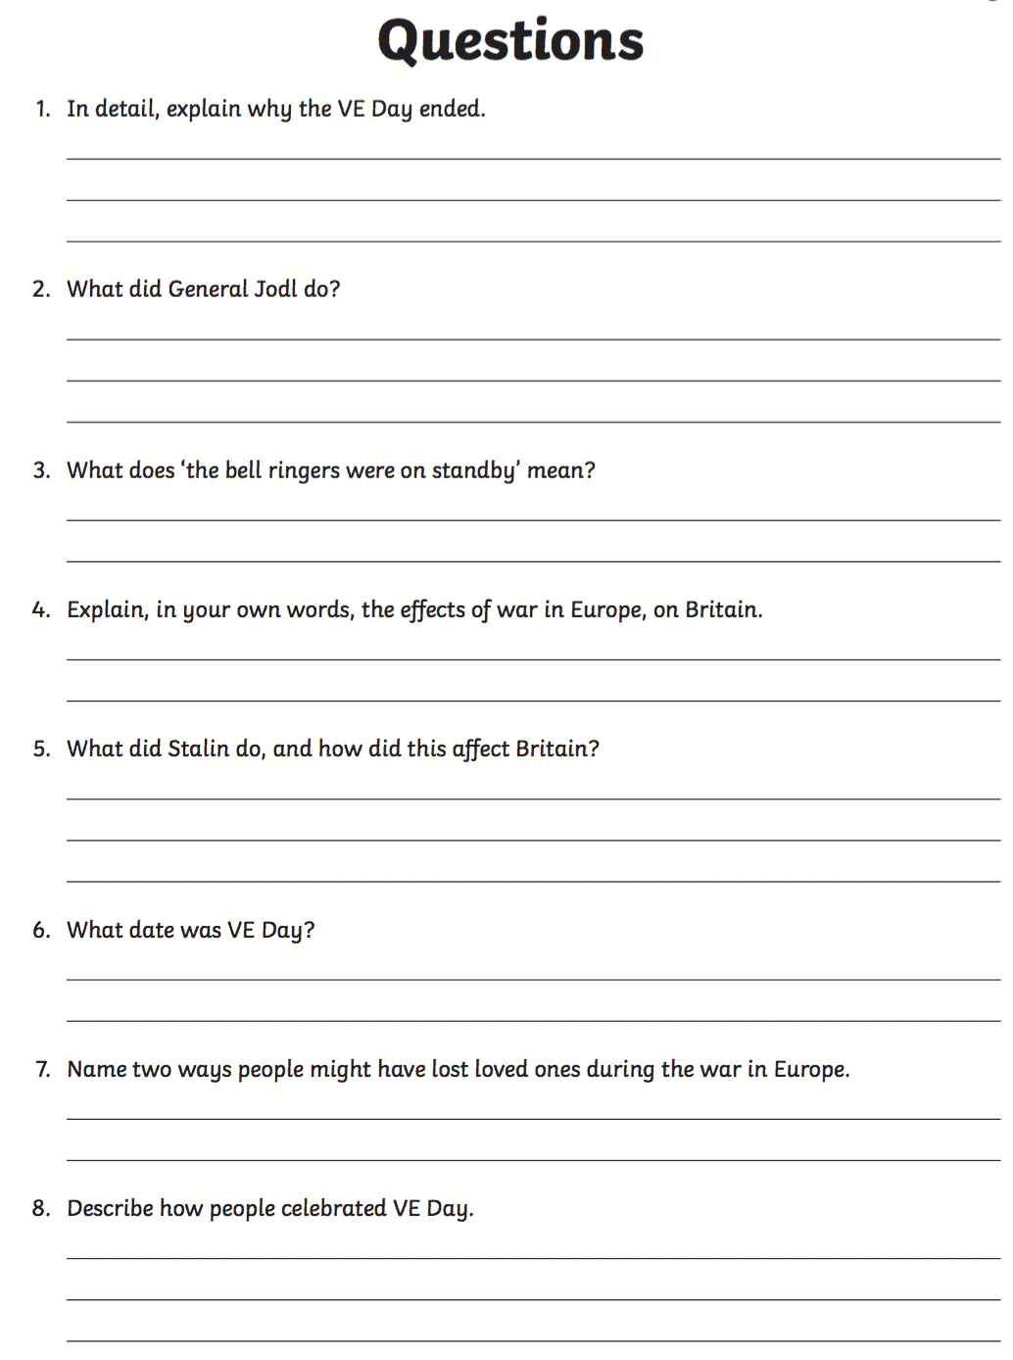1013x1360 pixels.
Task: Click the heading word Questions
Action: [x=510, y=42]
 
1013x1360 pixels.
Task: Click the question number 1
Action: [x=42, y=109]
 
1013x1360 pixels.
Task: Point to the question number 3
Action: [x=41, y=470]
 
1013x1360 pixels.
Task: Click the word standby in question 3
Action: [x=474, y=471]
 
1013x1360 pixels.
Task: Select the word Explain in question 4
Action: [x=107, y=610]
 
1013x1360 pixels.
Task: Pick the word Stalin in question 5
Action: [x=199, y=749]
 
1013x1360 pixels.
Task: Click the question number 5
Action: [x=41, y=750]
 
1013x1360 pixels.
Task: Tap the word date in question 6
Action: [x=154, y=930]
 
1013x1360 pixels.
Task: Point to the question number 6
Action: [x=41, y=931]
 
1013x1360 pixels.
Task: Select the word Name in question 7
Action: [x=97, y=1069]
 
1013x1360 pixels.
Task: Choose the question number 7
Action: [x=42, y=1070]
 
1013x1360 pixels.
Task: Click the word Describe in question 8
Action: [x=110, y=1208]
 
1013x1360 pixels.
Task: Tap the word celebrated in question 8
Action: [x=333, y=1208]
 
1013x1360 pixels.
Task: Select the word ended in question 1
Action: [x=451, y=109]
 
